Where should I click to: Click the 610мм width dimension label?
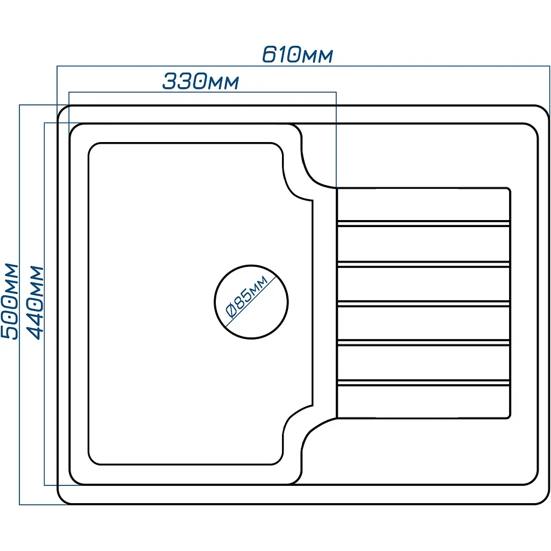[297, 54]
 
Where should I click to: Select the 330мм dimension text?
[200, 81]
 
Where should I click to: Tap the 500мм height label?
[10, 301]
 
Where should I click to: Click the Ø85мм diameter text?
[246, 296]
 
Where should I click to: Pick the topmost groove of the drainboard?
[423, 223]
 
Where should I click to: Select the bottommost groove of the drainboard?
[423, 383]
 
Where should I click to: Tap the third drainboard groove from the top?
[423, 303]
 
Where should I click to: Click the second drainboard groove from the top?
[423, 264]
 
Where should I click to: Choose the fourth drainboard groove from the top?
[423, 343]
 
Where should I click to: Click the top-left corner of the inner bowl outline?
[92, 146]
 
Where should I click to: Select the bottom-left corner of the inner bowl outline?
[92, 461]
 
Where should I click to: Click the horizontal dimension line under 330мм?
[202, 93]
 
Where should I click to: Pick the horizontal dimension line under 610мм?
[303, 66]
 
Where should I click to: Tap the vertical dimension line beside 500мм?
[20, 305]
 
